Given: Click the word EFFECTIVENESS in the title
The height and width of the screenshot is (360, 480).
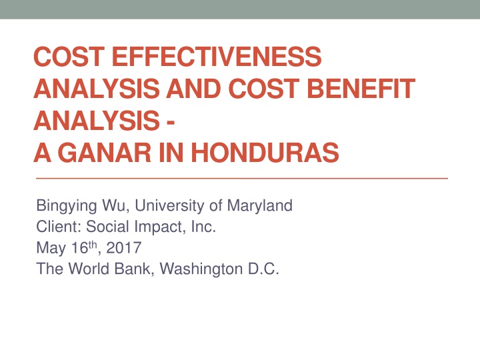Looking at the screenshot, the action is (x=217, y=56).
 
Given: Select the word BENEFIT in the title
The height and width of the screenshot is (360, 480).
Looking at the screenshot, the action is (x=361, y=89).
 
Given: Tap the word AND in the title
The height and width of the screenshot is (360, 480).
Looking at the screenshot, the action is (x=193, y=89).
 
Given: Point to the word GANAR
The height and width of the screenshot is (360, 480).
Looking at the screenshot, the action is (x=105, y=152).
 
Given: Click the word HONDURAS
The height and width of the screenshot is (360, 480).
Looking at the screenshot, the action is (x=265, y=152).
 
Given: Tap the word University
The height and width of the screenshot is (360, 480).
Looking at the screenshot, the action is (x=169, y=206).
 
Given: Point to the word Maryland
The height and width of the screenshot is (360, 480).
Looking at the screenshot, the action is (x=259, y=206).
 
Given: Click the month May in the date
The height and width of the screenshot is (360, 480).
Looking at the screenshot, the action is (x=51, y=248).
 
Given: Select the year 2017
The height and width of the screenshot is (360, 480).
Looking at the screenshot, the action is (x=124, y=247).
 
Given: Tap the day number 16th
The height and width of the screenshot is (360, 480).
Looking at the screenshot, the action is (x=85, y=247).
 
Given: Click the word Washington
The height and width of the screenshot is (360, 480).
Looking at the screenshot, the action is (x=201, y=269).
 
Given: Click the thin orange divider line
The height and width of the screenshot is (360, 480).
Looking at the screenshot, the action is (x=242, y=178).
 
